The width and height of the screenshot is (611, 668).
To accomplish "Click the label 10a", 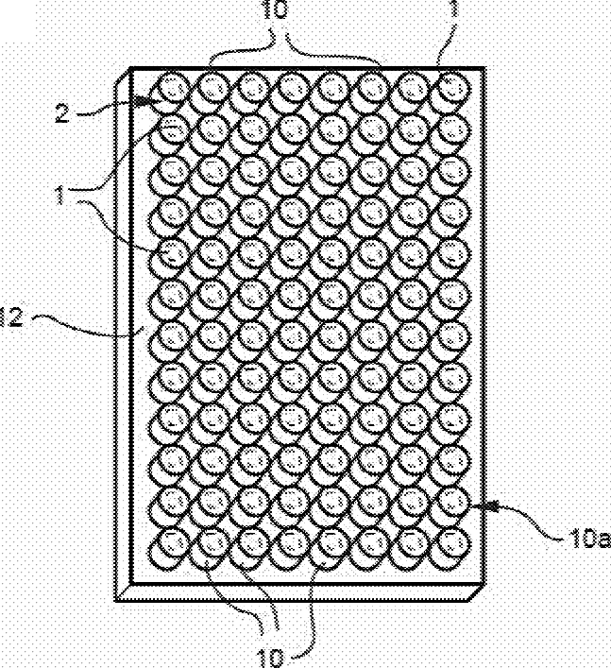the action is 587,540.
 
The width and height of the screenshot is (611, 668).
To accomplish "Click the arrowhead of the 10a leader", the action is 477,506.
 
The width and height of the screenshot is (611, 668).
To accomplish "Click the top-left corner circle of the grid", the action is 171,88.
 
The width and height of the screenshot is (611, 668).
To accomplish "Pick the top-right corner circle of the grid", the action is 455,88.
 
